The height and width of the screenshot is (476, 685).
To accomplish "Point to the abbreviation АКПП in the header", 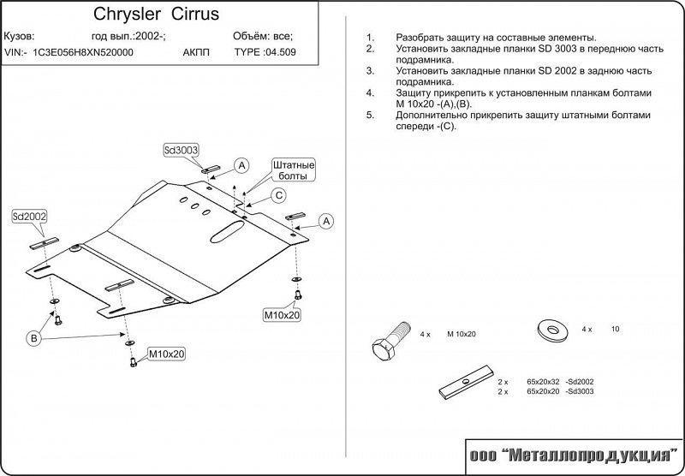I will click(197, 51).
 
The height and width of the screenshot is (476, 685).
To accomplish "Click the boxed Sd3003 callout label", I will click(181, 150).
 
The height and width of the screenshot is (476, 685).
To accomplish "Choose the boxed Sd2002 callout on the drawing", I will click(29, 218).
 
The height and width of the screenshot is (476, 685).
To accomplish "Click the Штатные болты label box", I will click(293, 170).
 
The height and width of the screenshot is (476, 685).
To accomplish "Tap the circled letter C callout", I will click(278, 195).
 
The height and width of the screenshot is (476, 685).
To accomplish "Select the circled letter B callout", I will click(35, 340).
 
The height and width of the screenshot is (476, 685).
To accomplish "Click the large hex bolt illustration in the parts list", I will click(386, 341).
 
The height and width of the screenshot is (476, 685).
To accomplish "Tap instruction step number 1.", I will click(369, 39).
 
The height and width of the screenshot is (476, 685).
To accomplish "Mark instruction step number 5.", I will click(369, 114).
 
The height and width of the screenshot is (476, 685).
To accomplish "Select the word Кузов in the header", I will click(19, 36).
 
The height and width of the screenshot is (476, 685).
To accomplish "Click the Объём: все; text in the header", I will click(262, 36).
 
